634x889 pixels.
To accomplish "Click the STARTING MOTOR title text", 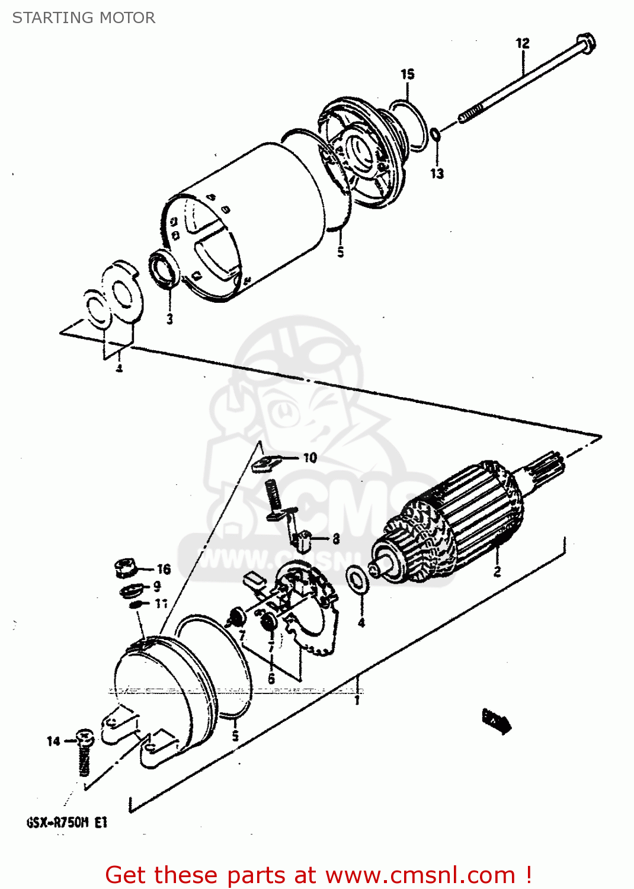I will [x=84, y=18].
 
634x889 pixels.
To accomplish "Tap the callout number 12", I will [x=522, y=43].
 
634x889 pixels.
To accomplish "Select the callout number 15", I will [x=407, y=74].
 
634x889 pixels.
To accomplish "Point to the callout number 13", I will [x=437, y=174].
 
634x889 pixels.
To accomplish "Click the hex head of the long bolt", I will [x=585, y=43].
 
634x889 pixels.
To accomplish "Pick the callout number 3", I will [x=169, y=319].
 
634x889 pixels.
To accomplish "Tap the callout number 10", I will [x=310, y=458].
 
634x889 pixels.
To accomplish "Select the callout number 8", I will [x=336, y=539].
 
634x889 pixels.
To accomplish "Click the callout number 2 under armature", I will [x=497, y=571].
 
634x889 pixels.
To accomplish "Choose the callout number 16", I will [x=164, y=570].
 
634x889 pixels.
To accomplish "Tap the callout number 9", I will [x=157, y=587].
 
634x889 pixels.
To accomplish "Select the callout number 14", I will [x=53, y=741].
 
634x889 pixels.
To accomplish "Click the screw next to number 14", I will [x=85, y=754].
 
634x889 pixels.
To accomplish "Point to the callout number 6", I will [x=271, y=679].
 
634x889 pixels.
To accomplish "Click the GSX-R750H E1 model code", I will [x=67, y=823].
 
